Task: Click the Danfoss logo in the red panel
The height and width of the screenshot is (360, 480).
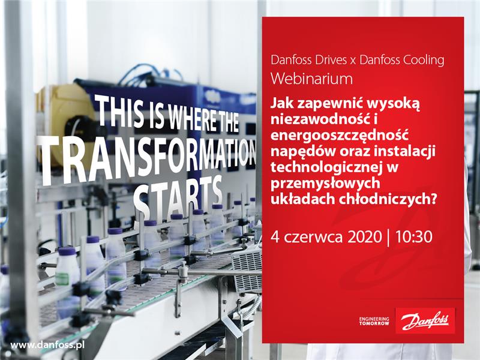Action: click(x=425, y=320)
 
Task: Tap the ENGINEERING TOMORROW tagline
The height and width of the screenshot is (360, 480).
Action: click(x=374, y=321)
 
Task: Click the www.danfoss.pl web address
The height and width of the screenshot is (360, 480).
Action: click(x=47, y=346)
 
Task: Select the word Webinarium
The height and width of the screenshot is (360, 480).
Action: click(x=311, y=79)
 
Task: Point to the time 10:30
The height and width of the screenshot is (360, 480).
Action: click(x=414, y=237)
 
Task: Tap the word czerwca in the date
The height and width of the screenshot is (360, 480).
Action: click(x=313, y=238)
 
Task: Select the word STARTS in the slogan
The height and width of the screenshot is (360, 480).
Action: click(x=178, y=193)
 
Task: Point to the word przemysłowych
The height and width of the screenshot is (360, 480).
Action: click(x=325, y=184)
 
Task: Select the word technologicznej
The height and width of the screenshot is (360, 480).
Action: click(x=323, y=168)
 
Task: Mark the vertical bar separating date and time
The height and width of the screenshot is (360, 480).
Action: click(x=389, y=237)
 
